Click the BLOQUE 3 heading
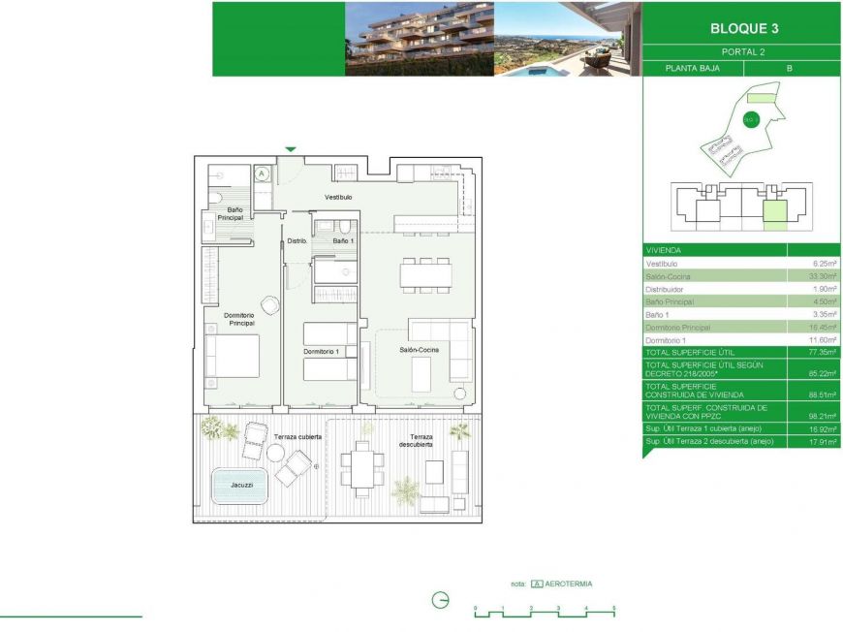coord(741,29)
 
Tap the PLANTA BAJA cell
coord(692,69)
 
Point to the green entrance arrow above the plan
coord(290,149)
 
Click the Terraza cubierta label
coord(298,437)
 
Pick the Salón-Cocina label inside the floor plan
coord(421,350)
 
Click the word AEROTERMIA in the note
coord(569,585)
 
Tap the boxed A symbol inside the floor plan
coord(262,174)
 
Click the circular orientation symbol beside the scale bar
coord(440,601)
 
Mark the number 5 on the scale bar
coord(613,608)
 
